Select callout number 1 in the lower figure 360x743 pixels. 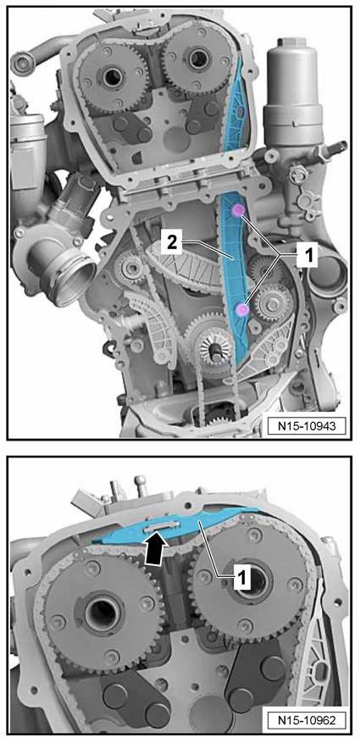click(241, 577)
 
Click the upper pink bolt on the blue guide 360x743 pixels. click(237, 210)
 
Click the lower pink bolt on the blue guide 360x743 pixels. click(242, 310)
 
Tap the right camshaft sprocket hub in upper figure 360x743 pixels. click(196, 59)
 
